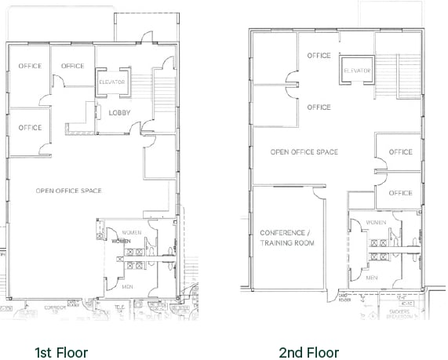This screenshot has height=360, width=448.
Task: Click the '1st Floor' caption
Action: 60,352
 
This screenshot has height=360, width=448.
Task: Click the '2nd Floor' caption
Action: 308,352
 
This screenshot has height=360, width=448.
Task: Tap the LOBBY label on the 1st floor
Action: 119,112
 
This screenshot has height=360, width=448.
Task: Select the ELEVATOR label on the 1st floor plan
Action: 111,82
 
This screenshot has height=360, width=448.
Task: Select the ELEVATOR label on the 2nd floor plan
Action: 357,71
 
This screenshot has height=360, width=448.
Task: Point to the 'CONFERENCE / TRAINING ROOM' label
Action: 287,238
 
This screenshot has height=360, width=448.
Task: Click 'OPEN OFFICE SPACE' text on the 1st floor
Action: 68,191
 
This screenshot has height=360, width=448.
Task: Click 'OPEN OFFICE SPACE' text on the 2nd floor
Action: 304,151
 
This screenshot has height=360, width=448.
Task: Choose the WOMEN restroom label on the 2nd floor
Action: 375,223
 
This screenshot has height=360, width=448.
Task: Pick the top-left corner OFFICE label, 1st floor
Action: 30,66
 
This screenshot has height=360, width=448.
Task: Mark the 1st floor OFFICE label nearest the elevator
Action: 72,66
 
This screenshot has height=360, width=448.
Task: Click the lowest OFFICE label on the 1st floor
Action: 30,128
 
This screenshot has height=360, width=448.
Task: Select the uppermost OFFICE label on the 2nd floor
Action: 319,56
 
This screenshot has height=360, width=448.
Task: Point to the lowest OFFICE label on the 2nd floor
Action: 400,193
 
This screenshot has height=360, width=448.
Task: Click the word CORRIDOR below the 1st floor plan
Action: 56,307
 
